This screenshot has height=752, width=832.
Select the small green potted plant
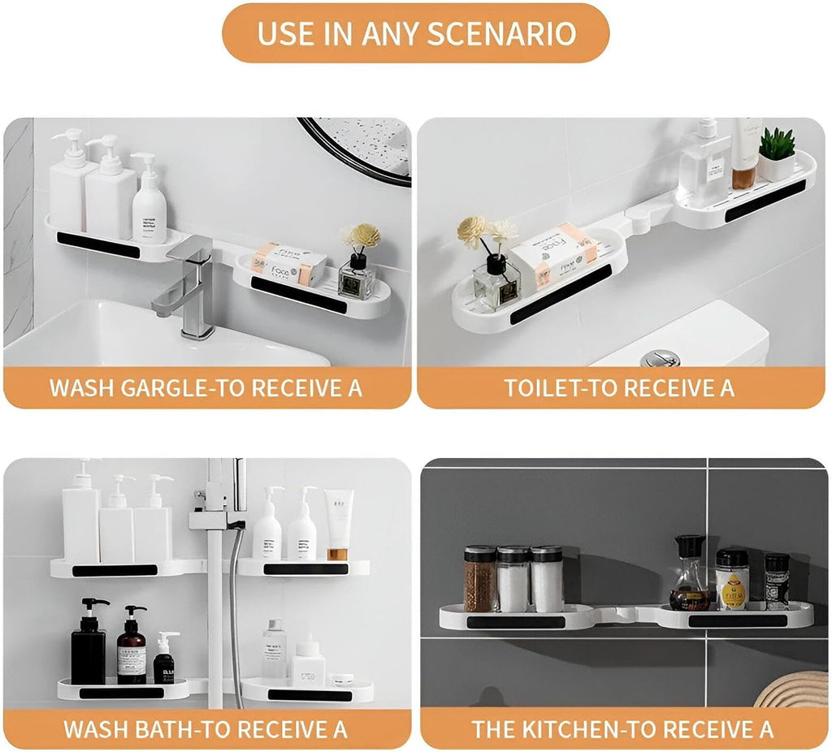tap(778, 153)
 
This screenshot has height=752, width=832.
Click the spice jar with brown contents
tap(479, 579)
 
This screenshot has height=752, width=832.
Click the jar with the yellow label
tap(732, 580)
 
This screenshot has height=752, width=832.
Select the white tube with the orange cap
tap(338, 524)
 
